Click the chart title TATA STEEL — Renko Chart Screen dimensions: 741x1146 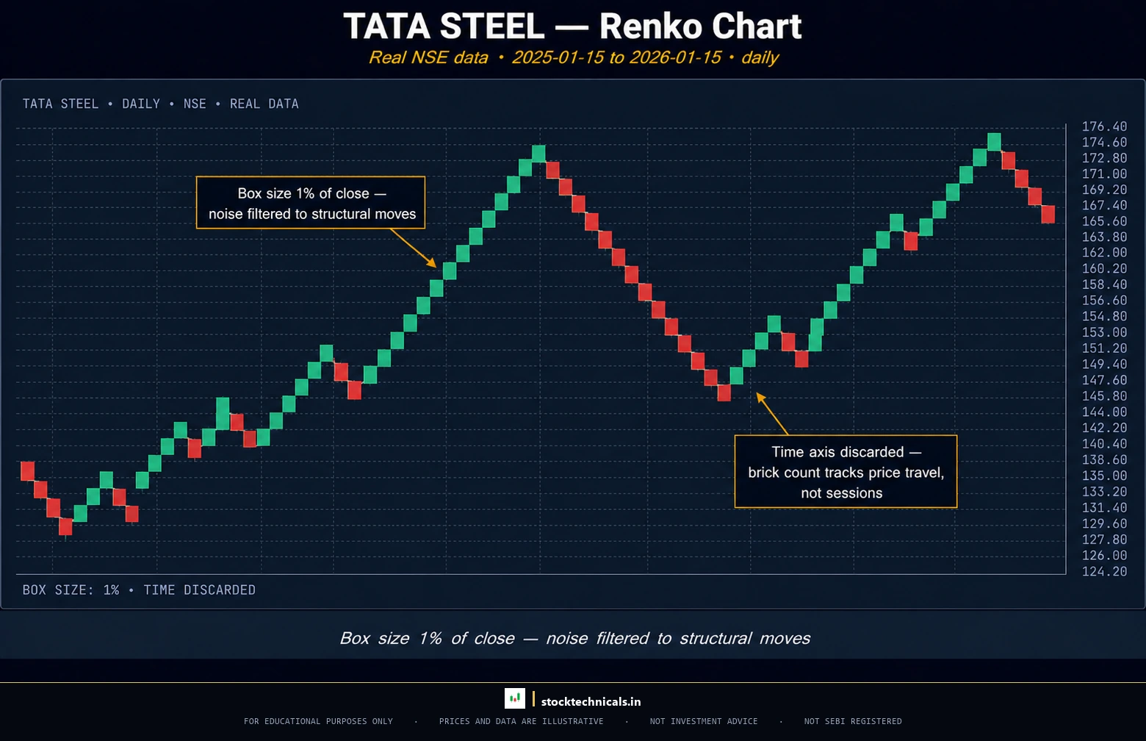tap(572, 26)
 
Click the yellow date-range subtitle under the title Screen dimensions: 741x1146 tap(572, 57)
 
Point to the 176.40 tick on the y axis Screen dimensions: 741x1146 tap(1103, 126)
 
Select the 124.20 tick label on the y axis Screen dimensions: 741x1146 tap(1103, 571)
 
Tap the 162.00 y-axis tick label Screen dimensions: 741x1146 tap(1103, 253)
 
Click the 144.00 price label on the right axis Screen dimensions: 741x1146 tap(1103, 412)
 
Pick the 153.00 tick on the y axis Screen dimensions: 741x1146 tap(1103, 332)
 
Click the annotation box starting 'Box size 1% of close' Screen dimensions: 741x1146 tap(311, 203)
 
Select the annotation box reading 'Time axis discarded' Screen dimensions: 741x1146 tap(846, 472)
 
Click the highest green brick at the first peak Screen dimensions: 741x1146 tap(538, 154)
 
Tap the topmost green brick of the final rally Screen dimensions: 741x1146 tap(994, 141)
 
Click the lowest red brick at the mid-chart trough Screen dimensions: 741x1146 tap(724, 393)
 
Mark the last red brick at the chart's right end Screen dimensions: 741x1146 tap(1048, 214)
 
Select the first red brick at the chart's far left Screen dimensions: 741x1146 tap(28, 470)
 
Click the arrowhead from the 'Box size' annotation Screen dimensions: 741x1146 tap(433, 265)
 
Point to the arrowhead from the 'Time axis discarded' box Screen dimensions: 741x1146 tap(760, 396)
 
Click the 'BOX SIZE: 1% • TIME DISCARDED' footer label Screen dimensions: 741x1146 tap(139, 590)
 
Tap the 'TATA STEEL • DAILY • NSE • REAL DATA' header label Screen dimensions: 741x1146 tap(160, 104)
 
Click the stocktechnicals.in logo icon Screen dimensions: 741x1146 tap(514, 698)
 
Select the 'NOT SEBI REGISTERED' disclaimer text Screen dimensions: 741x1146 tap(852, 721)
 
